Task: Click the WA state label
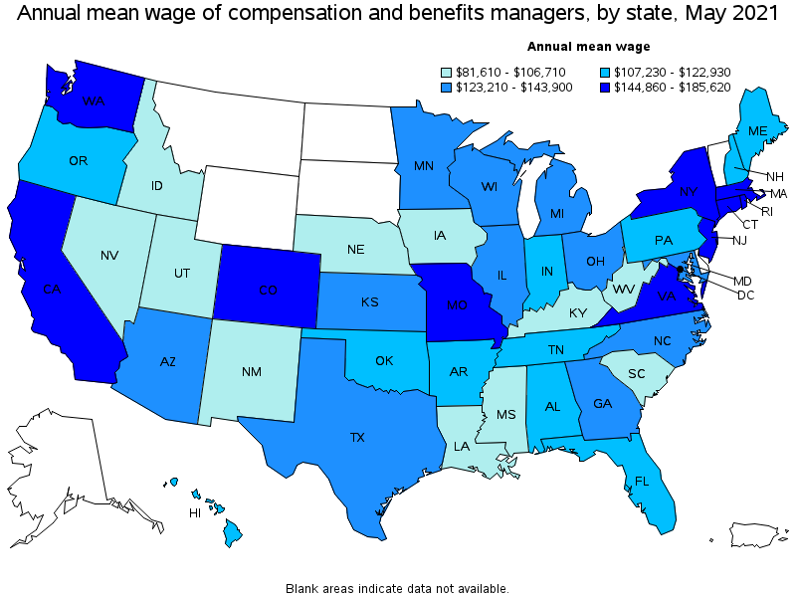point(94,101)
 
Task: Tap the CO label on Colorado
point(268,292)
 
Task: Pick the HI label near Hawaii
point(196,513)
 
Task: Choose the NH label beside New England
point(773,176)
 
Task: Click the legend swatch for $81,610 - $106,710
point(448,72)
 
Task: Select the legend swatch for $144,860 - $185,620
point(607,87)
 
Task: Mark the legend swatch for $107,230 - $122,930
point(607,72)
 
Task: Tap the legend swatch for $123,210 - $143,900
point(448,87)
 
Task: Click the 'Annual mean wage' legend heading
point(588,46)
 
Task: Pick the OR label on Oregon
point(78,160)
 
